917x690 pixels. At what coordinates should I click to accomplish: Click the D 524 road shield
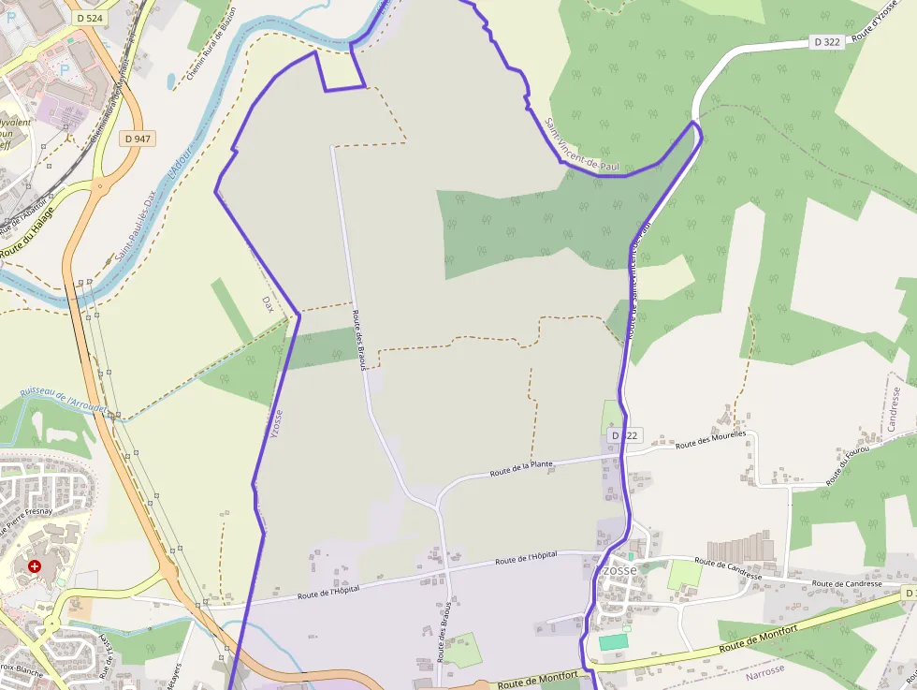coord(90,18)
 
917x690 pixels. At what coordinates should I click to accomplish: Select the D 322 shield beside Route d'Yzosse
coord(828,42)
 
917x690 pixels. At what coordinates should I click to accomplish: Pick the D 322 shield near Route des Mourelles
coord(625,435)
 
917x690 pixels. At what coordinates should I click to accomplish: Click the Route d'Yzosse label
coord(878,23)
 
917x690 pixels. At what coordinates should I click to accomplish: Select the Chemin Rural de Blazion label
coord(211,43)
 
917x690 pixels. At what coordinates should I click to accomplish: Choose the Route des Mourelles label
coord(710,439)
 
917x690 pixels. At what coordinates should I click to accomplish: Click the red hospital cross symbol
coord(35,566)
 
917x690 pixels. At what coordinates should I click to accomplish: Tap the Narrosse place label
coord(765,673)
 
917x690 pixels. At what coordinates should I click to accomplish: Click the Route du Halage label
coord(25,235)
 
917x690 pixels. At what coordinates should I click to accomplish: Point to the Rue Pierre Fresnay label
coord(29,516)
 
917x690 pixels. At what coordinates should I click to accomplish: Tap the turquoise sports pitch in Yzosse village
coord(614,641)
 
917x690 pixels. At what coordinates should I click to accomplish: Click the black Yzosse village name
coord(617,570)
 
